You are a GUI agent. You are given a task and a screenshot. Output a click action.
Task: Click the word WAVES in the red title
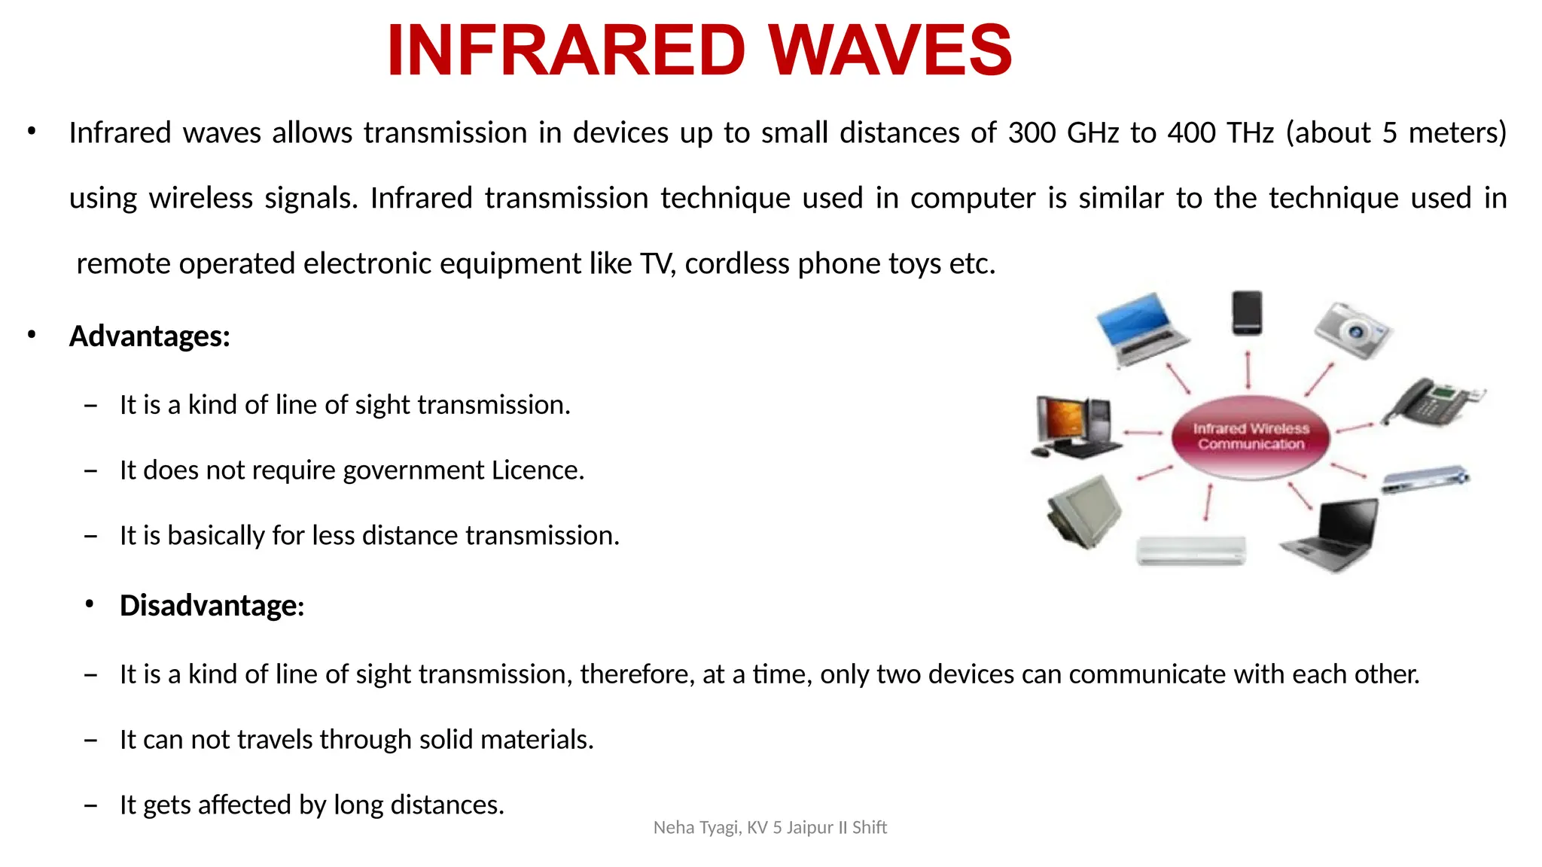coord(890,51)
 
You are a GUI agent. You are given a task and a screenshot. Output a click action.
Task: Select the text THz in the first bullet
coord(1250,133)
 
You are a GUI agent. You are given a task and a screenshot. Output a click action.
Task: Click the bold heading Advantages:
coord(149,336)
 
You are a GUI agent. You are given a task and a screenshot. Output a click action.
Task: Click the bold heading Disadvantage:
coord(212,606)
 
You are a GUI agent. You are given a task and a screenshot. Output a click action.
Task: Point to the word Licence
coord(538,470)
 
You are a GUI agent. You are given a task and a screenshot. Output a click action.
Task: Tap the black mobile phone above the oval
coord(1247,313)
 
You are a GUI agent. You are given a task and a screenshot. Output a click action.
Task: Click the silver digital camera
coord(1353,330)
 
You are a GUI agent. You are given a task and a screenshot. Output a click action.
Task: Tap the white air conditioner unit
coord(1190,550)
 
